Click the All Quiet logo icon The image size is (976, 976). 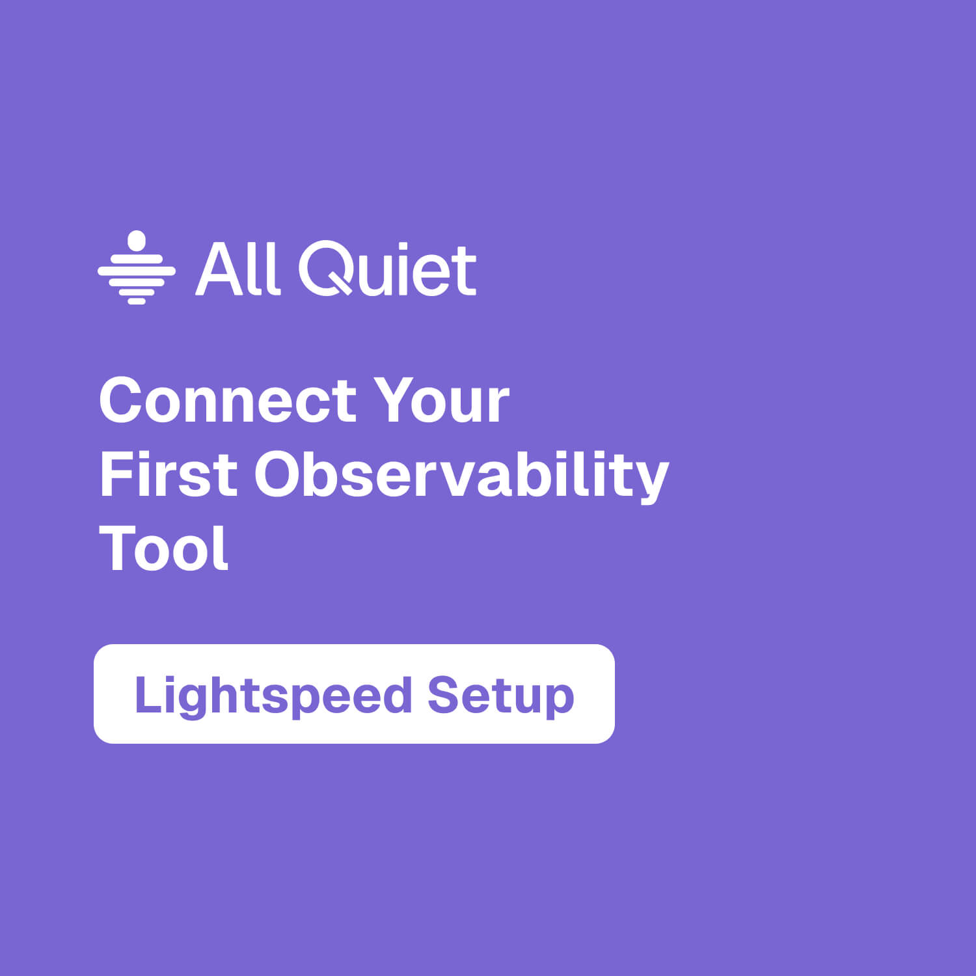[137, 268]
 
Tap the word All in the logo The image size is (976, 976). [238, 269]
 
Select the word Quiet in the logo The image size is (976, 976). [388, 269]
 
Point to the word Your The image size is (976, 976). [441, 401]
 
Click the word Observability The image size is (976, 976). [461, 474]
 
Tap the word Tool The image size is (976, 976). [163, 549]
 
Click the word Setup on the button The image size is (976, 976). [500, 695]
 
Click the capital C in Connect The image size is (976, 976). [123, 401]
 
